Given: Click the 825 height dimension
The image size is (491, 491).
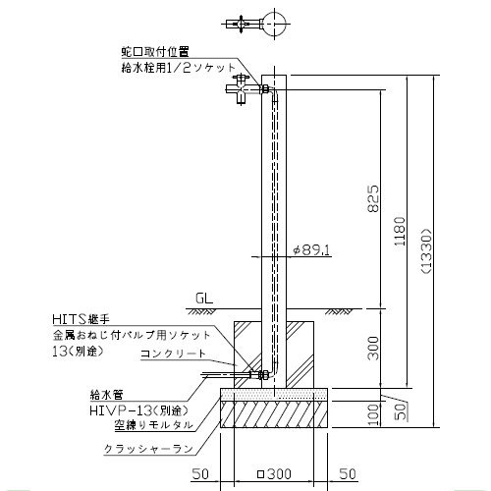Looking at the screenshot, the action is coord(373,198).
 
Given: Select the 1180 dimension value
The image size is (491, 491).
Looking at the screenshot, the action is coord(400,231).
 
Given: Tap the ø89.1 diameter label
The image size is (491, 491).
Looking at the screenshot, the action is coord(311,250).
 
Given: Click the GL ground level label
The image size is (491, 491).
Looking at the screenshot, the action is coord(204,299).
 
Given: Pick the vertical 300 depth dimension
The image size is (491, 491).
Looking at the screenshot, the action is coord(373,348).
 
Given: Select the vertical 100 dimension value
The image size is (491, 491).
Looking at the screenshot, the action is coord(373,414).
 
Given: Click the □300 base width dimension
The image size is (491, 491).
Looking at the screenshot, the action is coord(274,473).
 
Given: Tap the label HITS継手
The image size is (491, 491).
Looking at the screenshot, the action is coord(81,319).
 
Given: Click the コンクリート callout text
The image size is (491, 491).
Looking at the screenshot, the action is coord(173,354).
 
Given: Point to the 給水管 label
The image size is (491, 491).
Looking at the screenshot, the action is coord(107,395).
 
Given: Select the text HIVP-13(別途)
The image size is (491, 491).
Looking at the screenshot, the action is coord(138,409).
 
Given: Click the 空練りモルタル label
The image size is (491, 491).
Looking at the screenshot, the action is coord(153,425).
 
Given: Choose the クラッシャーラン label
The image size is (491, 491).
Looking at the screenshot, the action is coord(148,449).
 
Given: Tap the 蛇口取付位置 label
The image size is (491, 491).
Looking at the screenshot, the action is coord(155,51).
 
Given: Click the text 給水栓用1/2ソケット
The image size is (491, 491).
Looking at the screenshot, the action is coord(179,68).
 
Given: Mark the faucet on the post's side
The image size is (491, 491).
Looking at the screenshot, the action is coord(243,89).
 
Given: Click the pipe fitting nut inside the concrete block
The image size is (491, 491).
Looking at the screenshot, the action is coord(264,375).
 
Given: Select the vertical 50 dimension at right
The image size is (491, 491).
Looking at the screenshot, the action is coord(402,411).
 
